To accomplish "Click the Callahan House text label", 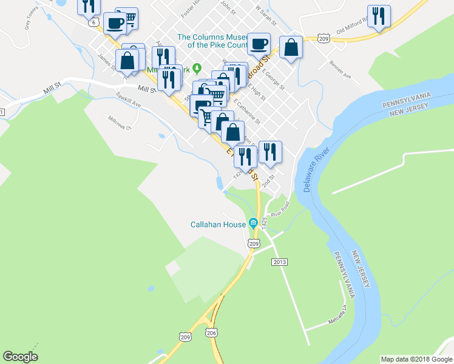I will coord(218,224).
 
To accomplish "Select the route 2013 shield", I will coord(279,261).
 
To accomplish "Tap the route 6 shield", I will coord(93,22).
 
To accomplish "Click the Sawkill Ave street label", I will coord(129,104).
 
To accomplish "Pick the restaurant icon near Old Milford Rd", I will coord(379,16).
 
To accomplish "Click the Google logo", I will coord(20,357).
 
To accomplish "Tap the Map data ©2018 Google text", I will coord(416,359).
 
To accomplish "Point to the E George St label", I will coord(274,79).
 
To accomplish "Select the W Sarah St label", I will coord(266,16).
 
